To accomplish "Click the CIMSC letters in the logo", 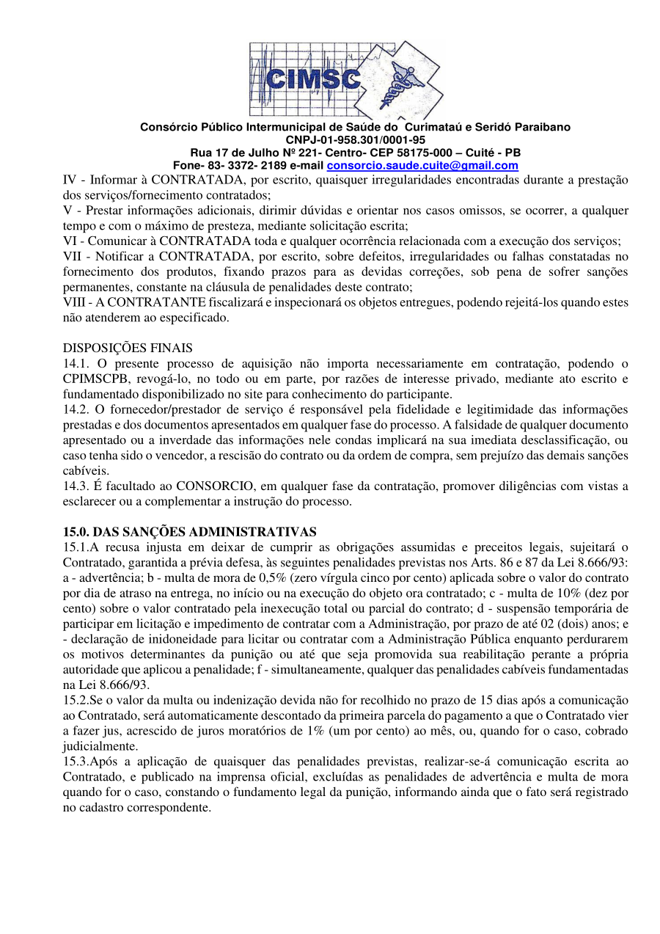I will click(312, 78).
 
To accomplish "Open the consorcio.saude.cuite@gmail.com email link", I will click(422, 166).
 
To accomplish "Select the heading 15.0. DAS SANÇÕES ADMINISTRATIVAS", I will click(190, 532).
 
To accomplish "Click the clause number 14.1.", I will click(76, 363).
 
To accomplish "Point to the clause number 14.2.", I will click(76, 409).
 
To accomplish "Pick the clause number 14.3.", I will click(76, 486).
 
